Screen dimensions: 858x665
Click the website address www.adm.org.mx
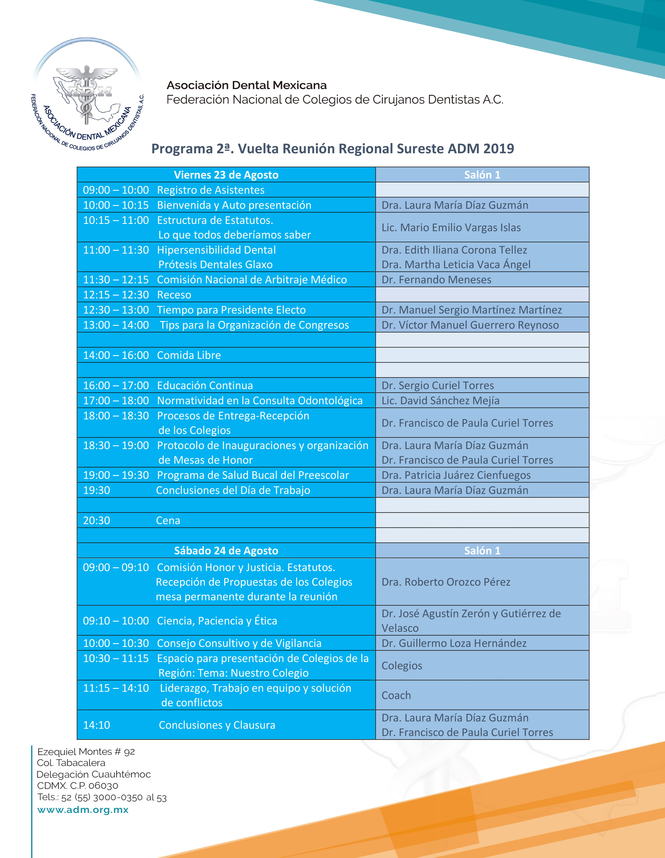click(83, 810)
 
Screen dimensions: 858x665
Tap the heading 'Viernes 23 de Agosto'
click(226, 175)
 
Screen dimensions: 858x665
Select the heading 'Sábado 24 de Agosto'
click(226, 550)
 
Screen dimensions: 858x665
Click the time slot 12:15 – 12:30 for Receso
click(116, 295)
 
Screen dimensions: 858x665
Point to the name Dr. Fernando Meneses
click(436, 280)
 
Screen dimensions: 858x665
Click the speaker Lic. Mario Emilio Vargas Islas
click(451, 228)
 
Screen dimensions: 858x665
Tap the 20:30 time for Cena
click(97, 520)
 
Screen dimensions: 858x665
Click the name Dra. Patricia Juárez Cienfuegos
click(456, 475)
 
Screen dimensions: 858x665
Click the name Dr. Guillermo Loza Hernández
click(454, 643)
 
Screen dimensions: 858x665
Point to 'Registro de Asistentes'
click(211, 190)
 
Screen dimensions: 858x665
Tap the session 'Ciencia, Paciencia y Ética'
click(217, 621)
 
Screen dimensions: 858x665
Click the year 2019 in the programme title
click(498, 149)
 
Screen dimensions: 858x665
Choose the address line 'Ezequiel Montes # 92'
click(86, 752)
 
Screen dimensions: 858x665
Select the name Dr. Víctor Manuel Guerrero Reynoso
click(470, 325)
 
